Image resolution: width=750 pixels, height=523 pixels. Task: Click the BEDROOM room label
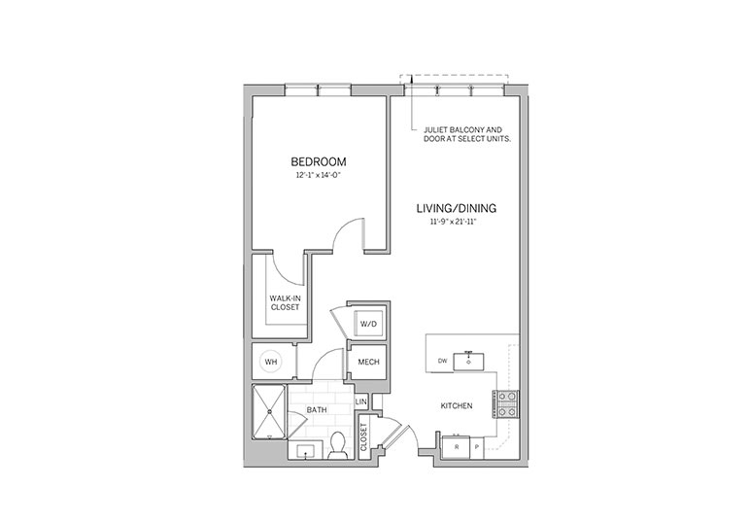pos(319,161)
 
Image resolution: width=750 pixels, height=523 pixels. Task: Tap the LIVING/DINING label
pos(457,208)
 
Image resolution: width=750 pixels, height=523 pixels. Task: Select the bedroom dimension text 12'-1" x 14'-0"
pos(319,175)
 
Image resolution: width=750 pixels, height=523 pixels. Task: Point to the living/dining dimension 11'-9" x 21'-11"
pos(454,222)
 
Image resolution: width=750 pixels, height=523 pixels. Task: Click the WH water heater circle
pos(271,362)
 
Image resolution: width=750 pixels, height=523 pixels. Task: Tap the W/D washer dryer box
pos(368,324)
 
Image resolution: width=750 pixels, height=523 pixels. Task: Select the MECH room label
pos(369,363)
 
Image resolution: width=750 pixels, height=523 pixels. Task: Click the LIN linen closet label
pos(361,401)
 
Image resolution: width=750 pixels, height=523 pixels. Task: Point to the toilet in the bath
pos(339,446)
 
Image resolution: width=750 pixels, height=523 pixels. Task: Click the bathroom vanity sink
pos(305,451)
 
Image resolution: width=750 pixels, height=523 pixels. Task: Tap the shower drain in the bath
pos(270,411)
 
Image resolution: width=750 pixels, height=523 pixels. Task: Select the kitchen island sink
pos(469,361)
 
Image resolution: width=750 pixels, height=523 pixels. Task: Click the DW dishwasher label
pos(442,361)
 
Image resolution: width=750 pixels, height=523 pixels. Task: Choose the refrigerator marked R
pos(457,447)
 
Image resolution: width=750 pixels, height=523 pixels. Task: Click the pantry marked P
pos(477,447)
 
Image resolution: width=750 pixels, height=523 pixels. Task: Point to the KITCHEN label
pos(457,405)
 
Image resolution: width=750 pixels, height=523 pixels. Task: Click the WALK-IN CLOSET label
pos(285,303)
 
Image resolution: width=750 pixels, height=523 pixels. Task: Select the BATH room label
pos(317,410)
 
